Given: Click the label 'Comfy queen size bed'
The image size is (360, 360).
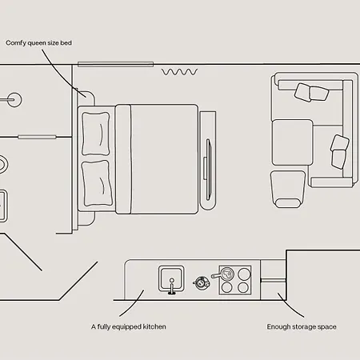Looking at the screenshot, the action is (38, 43).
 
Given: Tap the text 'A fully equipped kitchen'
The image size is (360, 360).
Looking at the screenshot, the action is (129, 326).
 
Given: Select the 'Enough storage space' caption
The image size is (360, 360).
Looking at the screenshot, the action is (302, 326).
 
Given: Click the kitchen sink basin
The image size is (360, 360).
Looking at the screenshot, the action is (171, 278).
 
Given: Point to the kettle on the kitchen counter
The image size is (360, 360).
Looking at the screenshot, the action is (202, 282).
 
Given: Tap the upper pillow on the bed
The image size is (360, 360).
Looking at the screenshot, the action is (95, 134).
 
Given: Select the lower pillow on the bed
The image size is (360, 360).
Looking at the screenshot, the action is (97, 183).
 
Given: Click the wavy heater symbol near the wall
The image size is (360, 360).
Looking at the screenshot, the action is (179, 72).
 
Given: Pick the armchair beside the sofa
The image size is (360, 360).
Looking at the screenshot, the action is (288, 189).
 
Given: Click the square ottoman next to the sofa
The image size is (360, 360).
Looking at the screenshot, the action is (292, 142).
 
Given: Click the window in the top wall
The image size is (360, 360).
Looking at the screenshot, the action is (115, 64).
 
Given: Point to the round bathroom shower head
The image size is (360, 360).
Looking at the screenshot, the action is (14, 100).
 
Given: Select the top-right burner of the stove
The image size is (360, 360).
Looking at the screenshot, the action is (244, 274).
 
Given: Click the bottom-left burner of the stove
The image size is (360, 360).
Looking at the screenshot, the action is (226, 288).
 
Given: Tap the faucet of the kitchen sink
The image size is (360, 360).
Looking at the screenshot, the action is (172, 286).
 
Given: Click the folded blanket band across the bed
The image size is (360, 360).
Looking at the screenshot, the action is (123, 159).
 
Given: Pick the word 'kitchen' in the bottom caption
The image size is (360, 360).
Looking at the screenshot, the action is (154, 326).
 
